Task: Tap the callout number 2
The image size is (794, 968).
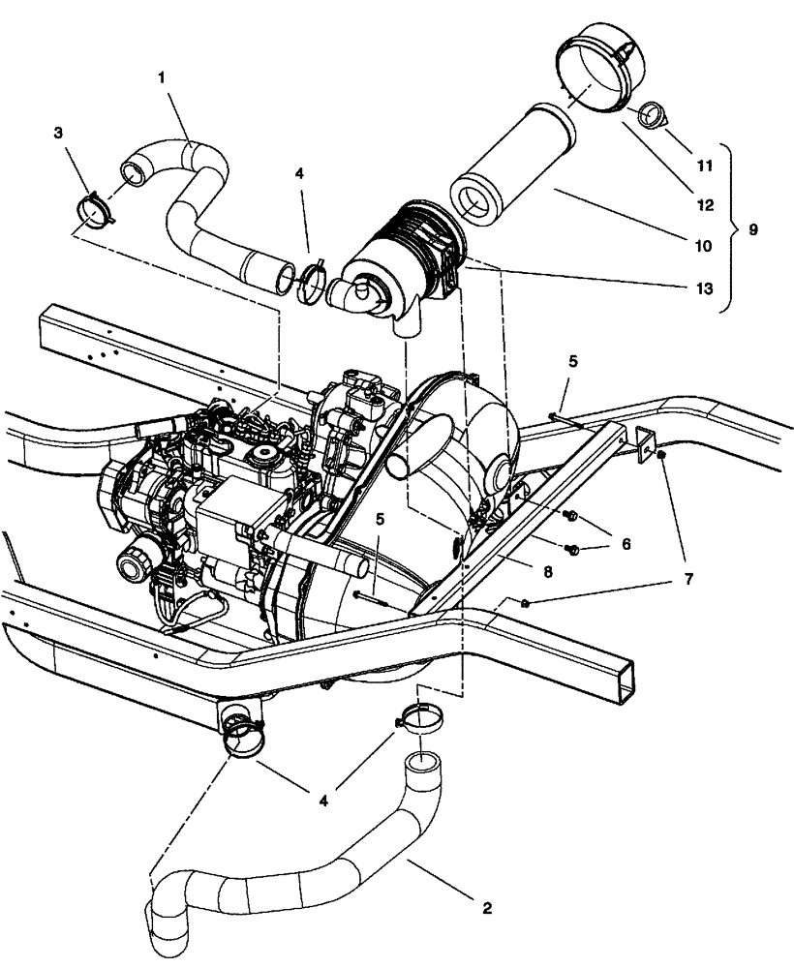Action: click(486, 908)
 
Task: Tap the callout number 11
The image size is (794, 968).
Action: click(704, 166)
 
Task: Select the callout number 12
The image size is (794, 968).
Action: click(704, 205)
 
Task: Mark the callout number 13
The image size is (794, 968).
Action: click(704, 287)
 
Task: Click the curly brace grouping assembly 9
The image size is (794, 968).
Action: click(731, 229)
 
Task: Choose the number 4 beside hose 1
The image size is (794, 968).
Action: click(299, 174)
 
